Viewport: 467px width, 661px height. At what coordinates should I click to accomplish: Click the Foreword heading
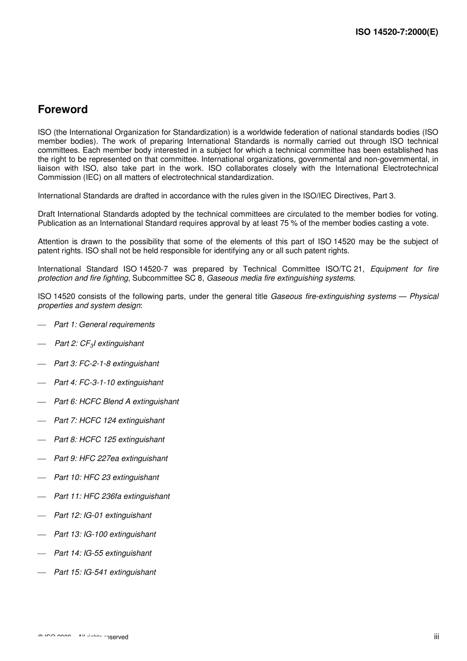[62, 110]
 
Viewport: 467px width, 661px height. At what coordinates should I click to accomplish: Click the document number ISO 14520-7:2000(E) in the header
[397, 32]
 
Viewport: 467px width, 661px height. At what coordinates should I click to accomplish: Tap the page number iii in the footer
[436, 636]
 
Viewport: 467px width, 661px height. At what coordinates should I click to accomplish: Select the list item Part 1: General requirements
[104, 324]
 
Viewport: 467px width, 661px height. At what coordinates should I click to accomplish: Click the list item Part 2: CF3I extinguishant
[99, 344]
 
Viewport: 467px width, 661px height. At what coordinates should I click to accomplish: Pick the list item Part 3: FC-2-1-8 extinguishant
[106, 364]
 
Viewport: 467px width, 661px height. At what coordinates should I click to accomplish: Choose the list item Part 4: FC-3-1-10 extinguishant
[108, 382]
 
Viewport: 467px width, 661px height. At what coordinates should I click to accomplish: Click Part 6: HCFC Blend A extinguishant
[116, 402]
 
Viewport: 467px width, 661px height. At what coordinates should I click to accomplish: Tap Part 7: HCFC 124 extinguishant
[109, 421]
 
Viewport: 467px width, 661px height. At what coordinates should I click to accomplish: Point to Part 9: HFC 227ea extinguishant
[111, 459]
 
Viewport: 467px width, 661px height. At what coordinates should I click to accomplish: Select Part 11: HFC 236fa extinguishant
[112, 496]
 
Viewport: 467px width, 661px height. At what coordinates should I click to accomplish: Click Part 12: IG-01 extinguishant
[103, 516]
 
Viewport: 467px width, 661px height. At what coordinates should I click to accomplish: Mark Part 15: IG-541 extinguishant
[105, 573]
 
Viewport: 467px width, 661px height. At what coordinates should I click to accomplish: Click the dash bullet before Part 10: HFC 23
[42, 478]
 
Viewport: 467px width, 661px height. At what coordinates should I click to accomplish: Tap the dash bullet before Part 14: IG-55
[42, 553]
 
